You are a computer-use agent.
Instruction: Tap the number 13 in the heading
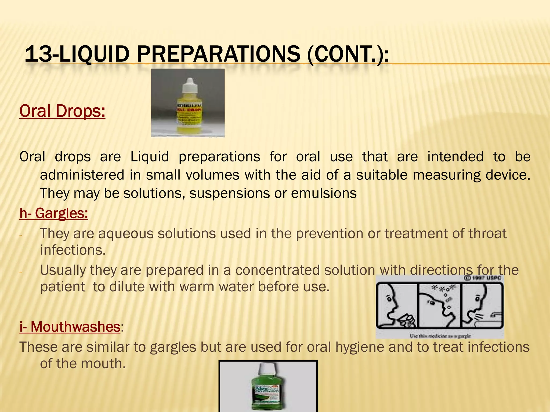[38, 54]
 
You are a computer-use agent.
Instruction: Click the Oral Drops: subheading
[62, 111]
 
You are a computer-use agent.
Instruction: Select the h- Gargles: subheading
[54, 214]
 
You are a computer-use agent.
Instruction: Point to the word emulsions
[324, 193]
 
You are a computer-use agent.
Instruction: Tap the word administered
[82, 175]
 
